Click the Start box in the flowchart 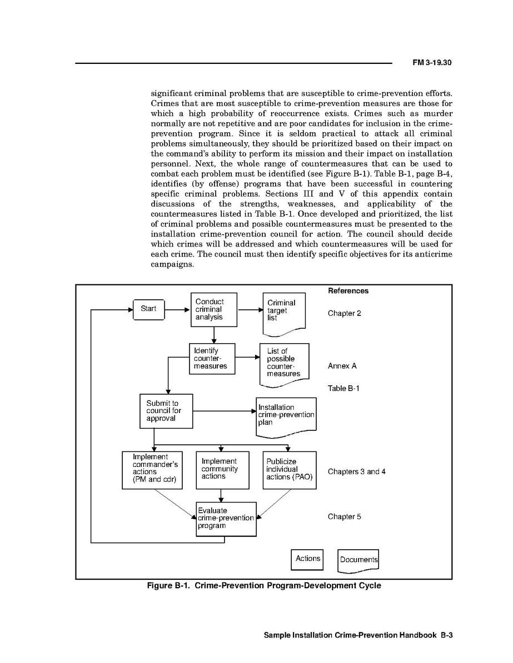(148, 309)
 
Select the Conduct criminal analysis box (214, 309)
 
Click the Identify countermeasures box (212, 358)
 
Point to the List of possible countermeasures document (284, 364)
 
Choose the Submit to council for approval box (166, 411)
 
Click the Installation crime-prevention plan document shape (286, 415)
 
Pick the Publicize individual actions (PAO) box (289, 470)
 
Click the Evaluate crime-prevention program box (226, 519)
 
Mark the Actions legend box (307, 559)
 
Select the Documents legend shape (358, 560)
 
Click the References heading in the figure (348, 291)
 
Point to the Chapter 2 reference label (344, 313)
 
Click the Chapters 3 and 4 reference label (356, 471)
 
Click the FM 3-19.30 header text (432, 63)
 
